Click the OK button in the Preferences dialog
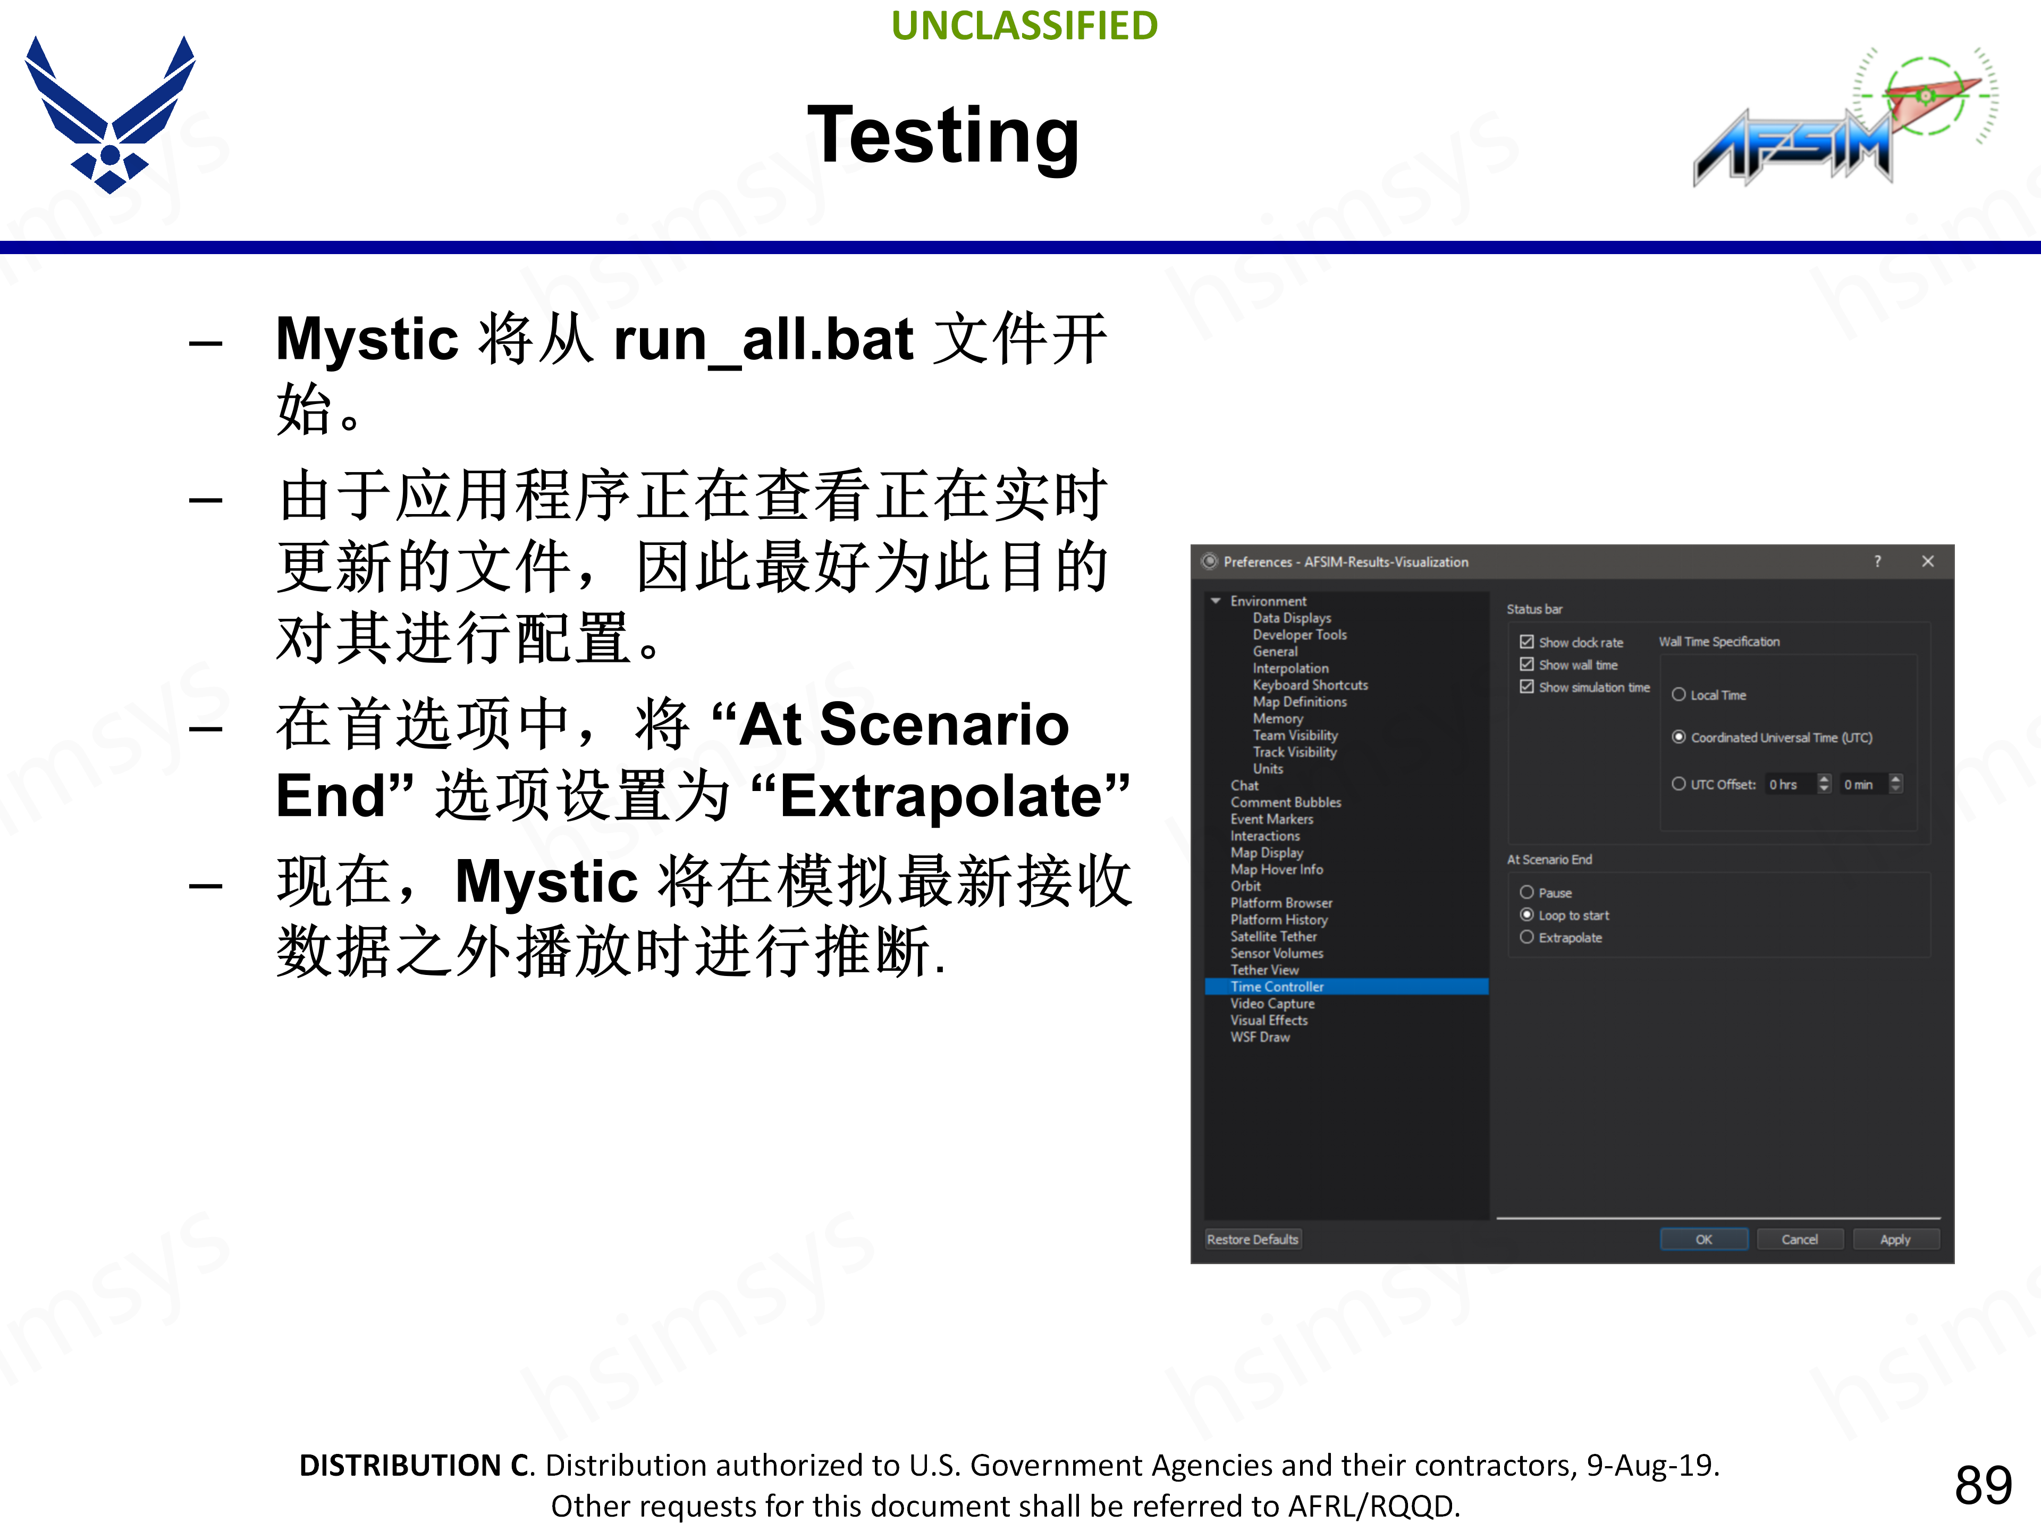pyautogui.click(x=1703, y=1239)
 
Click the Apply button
pyautogui.click(x=1895, y=1239)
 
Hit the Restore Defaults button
pyautogui.click(x=1252, y=1239)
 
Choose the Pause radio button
pyautogui.click(x=1527, y=893)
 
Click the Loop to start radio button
pyautogui.click(x=1527, y=914)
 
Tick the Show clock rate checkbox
pyautogui.click(x=1527, y=642)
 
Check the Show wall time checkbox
pyautogui.click(x=1527, y=664)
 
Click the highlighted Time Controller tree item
pyautogui.click(x=1277, y=987)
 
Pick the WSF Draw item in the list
pyautogui.click(x=1260, y=1037)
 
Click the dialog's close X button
pyautogui.click(x=1927, y=561)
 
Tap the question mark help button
pyautogui.click(x=1878, y=561)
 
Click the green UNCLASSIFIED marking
pyautogui.click(x=1024, y=26)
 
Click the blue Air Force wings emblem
pyautogui.click(x=110, y=115)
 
